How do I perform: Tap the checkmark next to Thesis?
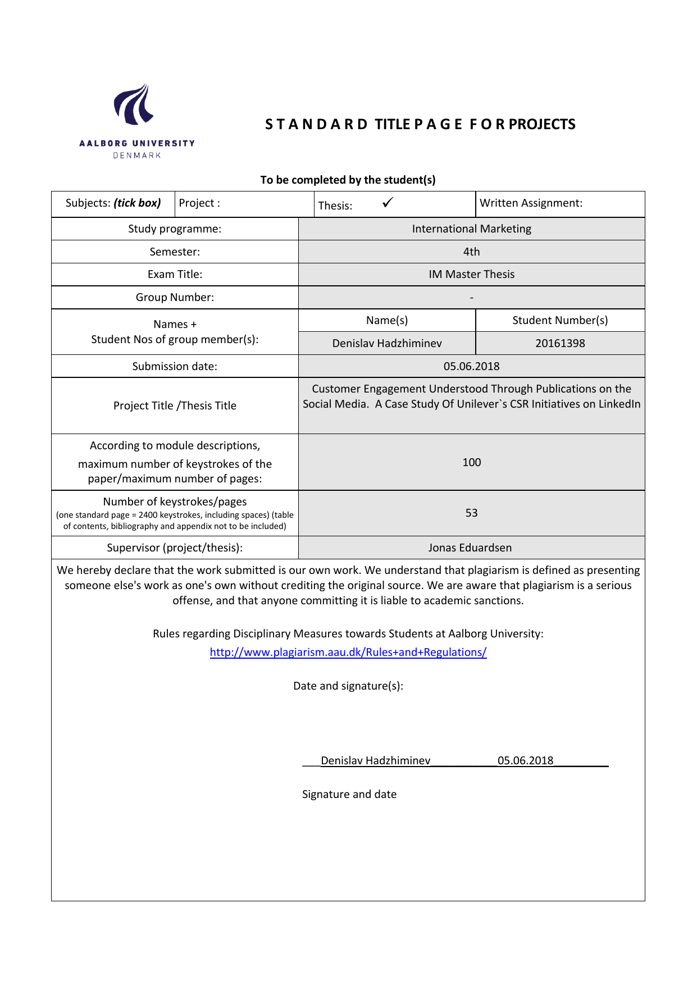[x=388, y=203]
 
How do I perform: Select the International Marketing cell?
[x=471, y=229]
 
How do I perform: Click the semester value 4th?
[x=471, y=252]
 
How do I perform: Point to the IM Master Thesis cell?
[x=471, y=274]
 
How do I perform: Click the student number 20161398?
[x=560, y=343]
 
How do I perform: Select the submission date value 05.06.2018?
[x=471, y=366]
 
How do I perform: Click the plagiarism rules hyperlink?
[x=348, y=652]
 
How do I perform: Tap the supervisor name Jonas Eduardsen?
[x=470, y=548]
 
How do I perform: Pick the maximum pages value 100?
[x=471, y=462]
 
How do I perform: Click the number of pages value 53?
[x=471, y=513]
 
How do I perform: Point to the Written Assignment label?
[x=531, y=203]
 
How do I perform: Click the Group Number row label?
[x=175, y=297]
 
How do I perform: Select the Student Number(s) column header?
[x=560, y=320]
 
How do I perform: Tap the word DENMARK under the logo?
[x=137, y=156]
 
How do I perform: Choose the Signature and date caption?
[x=349, y=794]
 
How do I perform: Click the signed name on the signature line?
[x=375, y=760]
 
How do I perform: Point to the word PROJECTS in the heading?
[x=542, y=124]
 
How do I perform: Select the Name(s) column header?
[x=387, y=320]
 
